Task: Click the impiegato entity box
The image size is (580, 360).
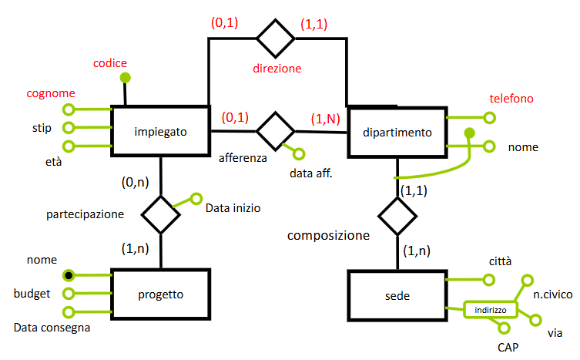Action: [161, 131]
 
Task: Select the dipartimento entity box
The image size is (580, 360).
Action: [397, 133]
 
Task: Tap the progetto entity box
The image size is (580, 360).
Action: [160, 294]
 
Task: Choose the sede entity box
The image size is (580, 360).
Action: [397, 295]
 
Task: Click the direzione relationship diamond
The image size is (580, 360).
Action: [276, 35]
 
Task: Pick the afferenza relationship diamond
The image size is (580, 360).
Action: [275, 130]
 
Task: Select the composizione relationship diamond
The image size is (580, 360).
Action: [397, 215]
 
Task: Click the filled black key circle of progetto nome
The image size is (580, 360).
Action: [69, 275]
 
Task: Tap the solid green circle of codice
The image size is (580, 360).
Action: [124, 78]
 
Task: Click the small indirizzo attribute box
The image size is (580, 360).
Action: [490, 310]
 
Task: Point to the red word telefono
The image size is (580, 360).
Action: [511, 99]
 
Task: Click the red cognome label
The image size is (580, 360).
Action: [50, 94]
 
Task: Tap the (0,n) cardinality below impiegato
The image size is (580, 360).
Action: [134, 183]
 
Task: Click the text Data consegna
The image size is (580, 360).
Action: [52, 328]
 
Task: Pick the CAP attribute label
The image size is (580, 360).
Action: [509, 348]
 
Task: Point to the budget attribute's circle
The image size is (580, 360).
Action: [69, 293]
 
